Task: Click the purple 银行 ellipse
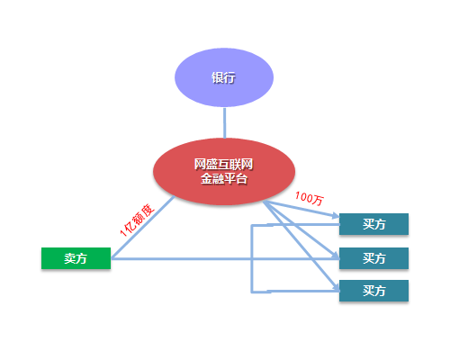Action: (224, 77)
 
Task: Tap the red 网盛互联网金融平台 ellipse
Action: (224, 172)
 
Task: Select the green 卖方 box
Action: (76, 258)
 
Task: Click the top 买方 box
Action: (373, 224)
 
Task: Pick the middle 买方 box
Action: (373, 258)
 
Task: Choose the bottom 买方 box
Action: (373, 291)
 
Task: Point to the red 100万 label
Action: (310, 199)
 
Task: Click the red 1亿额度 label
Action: (137, 220)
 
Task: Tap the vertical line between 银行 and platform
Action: (224, 123)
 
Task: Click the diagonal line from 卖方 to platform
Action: (143, 228)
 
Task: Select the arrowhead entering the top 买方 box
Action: (336, 215)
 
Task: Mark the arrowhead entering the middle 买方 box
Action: (336, 256)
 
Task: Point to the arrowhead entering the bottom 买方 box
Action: (336, 288)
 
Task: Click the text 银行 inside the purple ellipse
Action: (223, 77)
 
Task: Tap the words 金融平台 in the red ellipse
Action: (224, 179)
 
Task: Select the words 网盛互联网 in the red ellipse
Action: (224, 165)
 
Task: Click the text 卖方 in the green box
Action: (76, 258)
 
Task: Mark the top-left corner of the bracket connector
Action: (252, 225)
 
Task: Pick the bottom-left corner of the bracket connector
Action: (252, 292)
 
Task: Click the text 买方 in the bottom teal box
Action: (374, 291)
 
